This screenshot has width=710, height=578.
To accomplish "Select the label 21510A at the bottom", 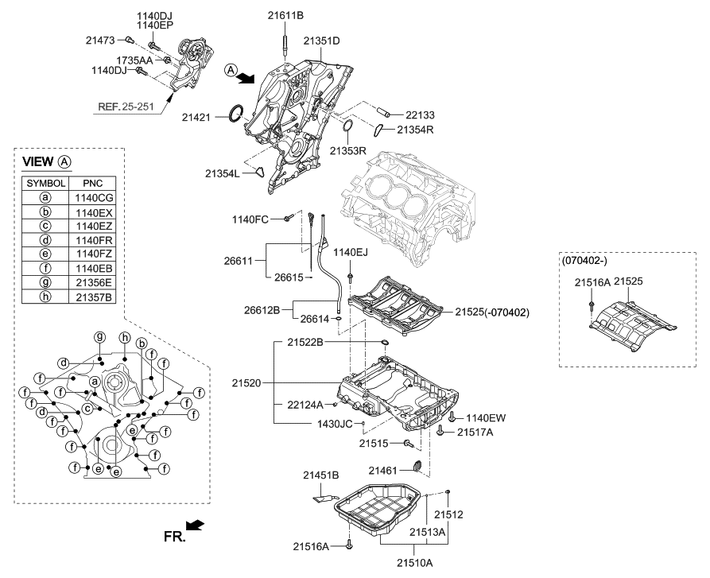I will point(416,562).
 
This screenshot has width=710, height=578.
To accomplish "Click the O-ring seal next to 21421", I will point(235,113).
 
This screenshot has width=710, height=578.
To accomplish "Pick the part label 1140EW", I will point(486,417).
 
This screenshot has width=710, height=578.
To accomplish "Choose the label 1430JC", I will point(334,424).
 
